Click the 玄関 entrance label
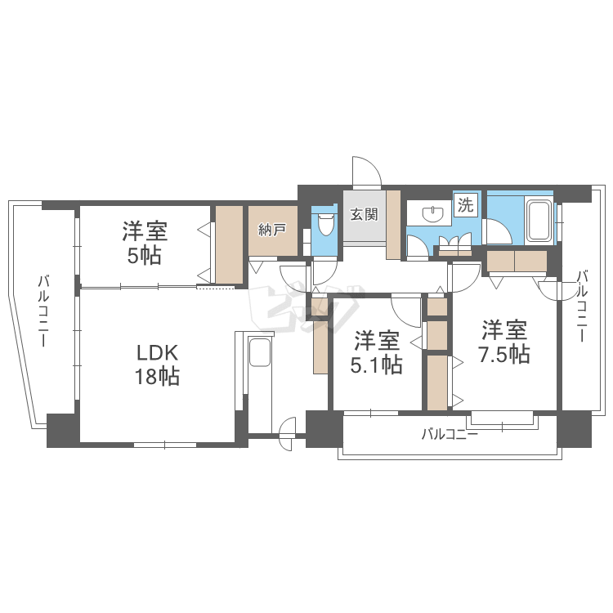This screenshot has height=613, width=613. click(x=364, y=215)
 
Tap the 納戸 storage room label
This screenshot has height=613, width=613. click(x=271, y=229)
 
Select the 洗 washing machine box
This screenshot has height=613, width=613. click(x=465, y=205)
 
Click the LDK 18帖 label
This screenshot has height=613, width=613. click(x=157, y=365)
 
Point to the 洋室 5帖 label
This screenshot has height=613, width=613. click(x=145, y=243)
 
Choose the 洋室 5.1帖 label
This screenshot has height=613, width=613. click(x=377, y=352)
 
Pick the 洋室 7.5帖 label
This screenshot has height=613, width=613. click(x=503, y=342)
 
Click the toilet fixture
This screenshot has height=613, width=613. click(x=325, y=223)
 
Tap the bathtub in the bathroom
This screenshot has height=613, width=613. click(x=539, y=219)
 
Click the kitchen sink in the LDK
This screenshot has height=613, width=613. click(x=259, y=355)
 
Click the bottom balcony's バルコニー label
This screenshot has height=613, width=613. click(x=449, y=434)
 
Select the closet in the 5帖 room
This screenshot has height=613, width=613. click(x=230, y=244)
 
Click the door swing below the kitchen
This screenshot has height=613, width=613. click(x=287, y=432)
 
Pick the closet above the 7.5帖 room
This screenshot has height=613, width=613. click(x=516, y=261)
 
